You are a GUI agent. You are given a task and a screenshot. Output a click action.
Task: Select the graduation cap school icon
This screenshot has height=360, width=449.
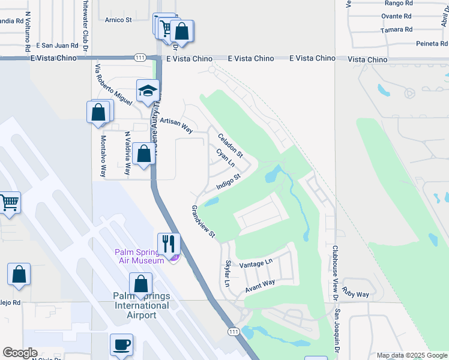(x=147, y=91)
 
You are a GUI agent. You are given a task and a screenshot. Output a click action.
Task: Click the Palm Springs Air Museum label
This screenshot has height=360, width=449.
(x=139, y=256)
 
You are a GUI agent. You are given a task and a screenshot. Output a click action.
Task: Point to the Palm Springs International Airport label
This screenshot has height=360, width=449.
(x=141, y=305)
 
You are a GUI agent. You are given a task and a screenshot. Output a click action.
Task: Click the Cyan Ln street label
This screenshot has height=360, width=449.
(x=224, y=159)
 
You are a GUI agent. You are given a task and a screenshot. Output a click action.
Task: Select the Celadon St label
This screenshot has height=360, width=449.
(x=230, y=145)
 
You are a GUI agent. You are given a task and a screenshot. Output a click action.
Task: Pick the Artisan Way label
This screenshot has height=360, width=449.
(x=176, y=125)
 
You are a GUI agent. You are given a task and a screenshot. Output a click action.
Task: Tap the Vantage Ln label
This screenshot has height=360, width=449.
(x=256, y=263)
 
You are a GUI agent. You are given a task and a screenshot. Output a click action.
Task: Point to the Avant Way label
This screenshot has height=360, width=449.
(x=259, y=286)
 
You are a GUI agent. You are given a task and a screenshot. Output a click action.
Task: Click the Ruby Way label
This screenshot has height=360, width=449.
(x=355, y=292)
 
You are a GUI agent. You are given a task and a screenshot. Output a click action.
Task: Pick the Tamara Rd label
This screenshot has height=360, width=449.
(x=396, y=29)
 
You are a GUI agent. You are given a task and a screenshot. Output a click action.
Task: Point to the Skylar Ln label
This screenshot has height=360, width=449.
(x=228, y=274)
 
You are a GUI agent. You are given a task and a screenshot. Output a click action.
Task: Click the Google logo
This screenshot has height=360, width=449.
(x=20, y=353)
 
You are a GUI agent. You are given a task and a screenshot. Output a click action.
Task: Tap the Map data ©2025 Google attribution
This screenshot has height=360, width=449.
(x=411, y=355)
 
